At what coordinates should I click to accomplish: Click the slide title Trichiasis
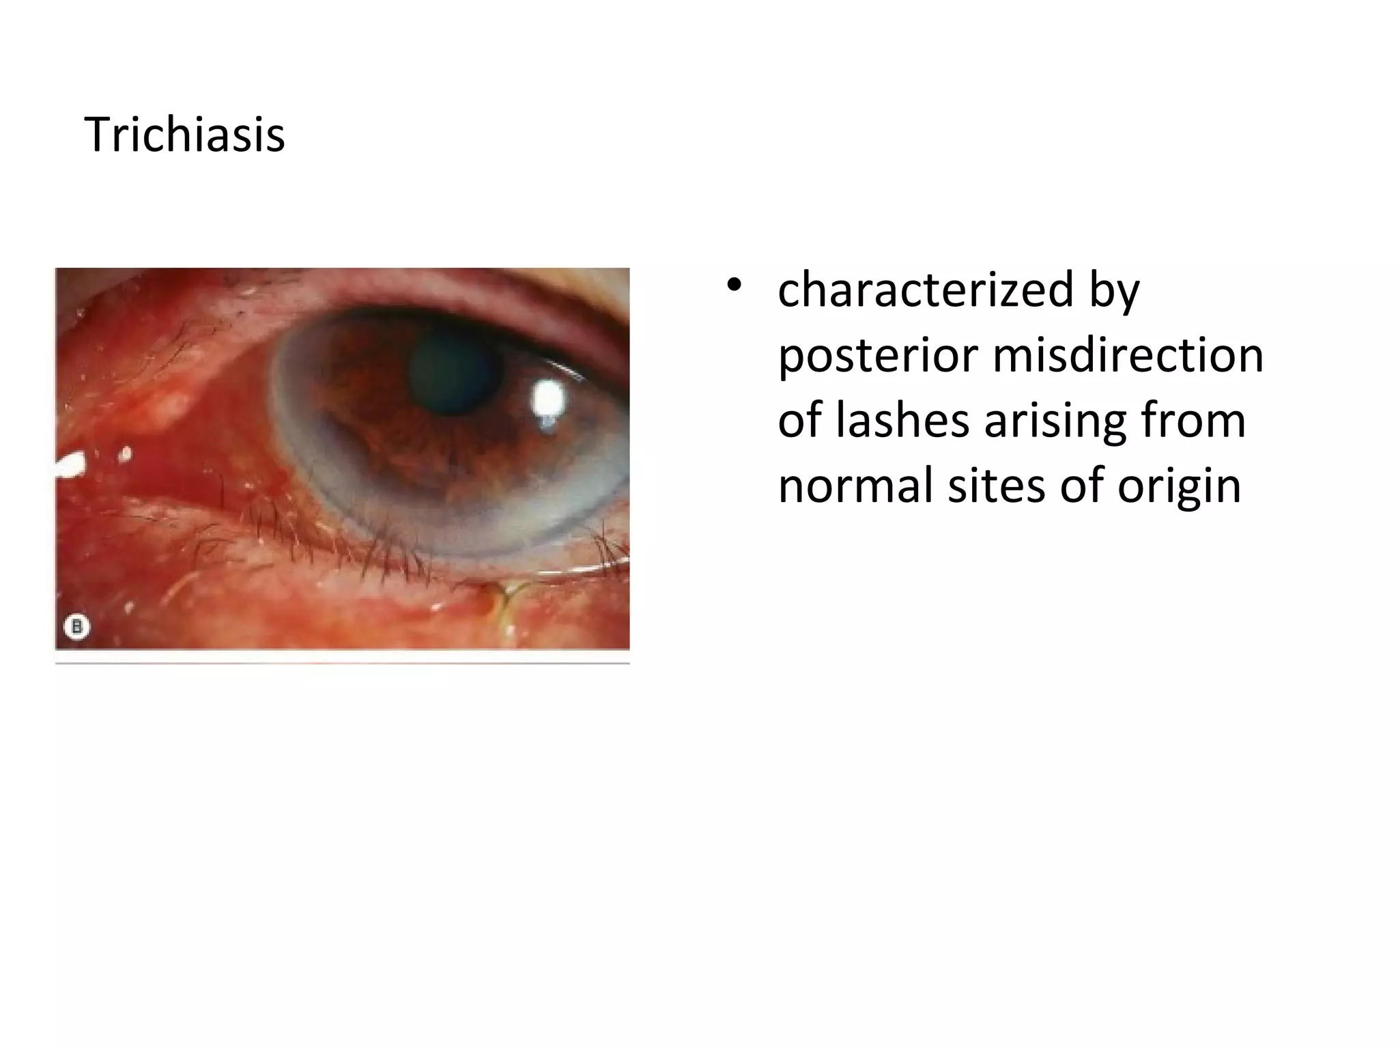pyautogui.click(x=184, y=135)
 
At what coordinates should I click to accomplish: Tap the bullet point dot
pyautogui.click(x=734, y=285)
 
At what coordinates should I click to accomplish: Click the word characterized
pyautogui.click(x=926, y=290)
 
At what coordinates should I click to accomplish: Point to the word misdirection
pyautogui.click(x=1127, y=356)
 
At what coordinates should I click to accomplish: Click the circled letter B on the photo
pyautogui.click(x=76, y=626)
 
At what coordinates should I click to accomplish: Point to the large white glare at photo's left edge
pyautogui.click(x=70, y=466)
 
